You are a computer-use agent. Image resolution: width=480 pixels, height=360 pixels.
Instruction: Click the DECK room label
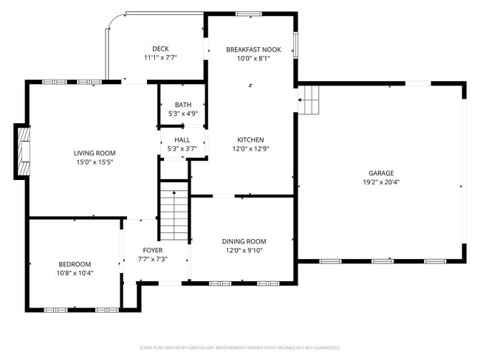click(x=160, y=49)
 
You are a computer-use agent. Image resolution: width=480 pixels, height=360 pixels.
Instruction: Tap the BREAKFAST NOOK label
click(x=253, y=49)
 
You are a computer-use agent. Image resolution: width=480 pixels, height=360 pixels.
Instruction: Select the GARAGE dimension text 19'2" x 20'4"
click(x=381, y=182)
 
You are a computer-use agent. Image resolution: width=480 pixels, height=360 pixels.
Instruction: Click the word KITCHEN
click(x=250, y=139)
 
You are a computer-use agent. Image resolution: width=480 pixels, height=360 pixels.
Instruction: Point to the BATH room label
click(x=182, y=105)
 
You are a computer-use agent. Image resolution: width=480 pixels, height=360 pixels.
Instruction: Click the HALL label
click(x=182, y=139)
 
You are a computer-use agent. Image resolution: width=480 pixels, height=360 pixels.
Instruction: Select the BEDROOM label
click(x=75, y=264)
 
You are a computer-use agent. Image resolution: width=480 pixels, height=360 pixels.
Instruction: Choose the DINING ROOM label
click(x=244, y=241)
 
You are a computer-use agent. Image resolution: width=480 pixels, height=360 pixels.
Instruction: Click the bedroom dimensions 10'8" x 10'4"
click(x=75, y=273)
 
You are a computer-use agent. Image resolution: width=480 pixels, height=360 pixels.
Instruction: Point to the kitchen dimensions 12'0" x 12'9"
click(x=250, y=148)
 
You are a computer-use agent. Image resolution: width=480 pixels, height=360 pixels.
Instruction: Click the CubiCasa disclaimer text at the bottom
click(x=239, y=347)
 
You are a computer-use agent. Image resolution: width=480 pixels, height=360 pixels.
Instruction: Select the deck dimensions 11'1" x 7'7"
click(x=160, y=58)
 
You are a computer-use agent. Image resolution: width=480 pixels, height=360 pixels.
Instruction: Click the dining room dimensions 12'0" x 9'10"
click(x=244, y=250)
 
